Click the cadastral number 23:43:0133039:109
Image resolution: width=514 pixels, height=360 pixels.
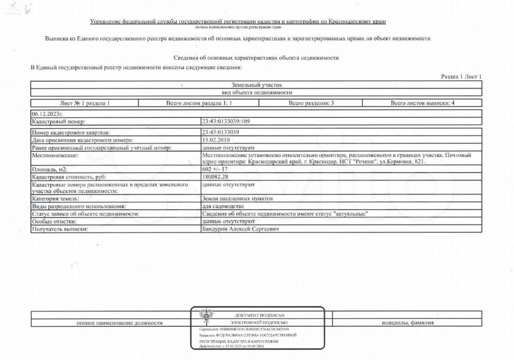pos(225,121)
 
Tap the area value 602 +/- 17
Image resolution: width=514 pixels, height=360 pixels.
pos(214,169)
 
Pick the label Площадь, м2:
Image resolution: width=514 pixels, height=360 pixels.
pos(49,169)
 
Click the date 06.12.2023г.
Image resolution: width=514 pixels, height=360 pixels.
pos(47,113)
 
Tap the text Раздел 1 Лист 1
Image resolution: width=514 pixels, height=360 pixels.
pos(461,76)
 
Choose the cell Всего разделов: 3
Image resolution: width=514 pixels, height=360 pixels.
pos(311,103)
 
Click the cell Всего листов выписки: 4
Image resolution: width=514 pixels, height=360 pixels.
pos(422,103)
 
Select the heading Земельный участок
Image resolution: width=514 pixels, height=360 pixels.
pos(257,85)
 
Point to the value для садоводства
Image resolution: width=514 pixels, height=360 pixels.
pos(223,206)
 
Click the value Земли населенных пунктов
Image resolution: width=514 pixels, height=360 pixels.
pos(237,198)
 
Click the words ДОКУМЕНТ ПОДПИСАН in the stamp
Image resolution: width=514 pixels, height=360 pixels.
pos(259,315)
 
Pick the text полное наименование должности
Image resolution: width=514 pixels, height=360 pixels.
pos(120,322)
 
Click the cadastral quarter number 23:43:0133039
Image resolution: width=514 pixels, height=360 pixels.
pos(220,133)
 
